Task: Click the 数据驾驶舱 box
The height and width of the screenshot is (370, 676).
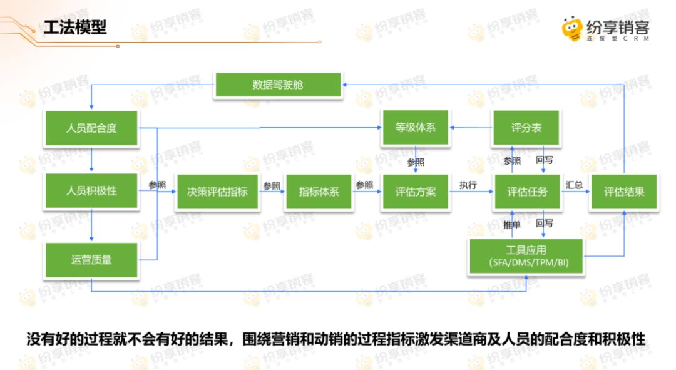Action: click(x=278, y=85)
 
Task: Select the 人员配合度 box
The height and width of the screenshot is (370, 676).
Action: click(x=91, y=128)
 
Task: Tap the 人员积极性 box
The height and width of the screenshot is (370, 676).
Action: click(x=91, y=191)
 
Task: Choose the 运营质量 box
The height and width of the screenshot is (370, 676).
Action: click(x=91, y=259)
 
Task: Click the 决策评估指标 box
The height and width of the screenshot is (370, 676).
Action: click(x=217, y=192)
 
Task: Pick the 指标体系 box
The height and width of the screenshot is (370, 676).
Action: click(x=319, y=192)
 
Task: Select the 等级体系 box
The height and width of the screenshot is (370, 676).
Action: click(x=415, y=128)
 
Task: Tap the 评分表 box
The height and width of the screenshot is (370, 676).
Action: click(x=526, y=128)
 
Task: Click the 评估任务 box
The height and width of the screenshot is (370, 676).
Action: click(x=527, y=192)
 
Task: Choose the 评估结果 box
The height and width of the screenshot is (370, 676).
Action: click(x=624, y=192)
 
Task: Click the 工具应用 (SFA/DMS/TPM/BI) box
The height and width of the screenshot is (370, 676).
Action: click(x=527, y=256)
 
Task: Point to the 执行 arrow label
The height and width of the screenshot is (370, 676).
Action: click(x=468, y=185)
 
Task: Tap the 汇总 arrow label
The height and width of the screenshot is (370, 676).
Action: click(x=575, y=185)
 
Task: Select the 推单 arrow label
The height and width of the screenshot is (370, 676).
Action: click(x=512, y=224)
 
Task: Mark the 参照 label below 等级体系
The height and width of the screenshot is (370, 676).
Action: click(x=415, y=162)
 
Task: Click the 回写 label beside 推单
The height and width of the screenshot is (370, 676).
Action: click(x=544, y=224)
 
